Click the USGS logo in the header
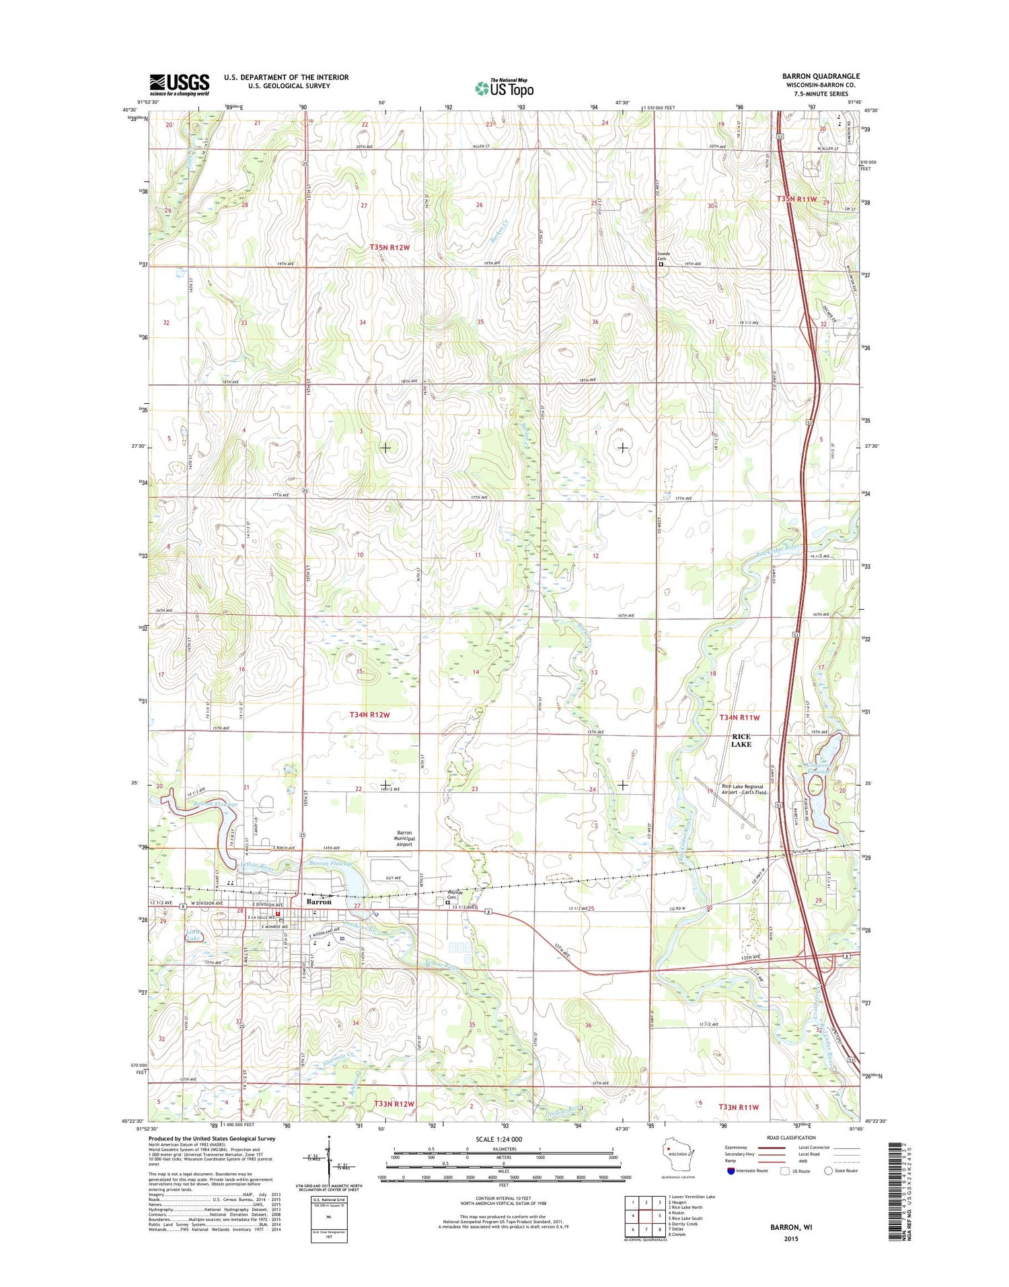(179, 84)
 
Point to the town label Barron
(319, 901)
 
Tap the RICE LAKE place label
(741, 740)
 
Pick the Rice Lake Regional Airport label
(743, 789)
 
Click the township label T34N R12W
(369, 714)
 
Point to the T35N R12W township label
(389, 248)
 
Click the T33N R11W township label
(738, 1107)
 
